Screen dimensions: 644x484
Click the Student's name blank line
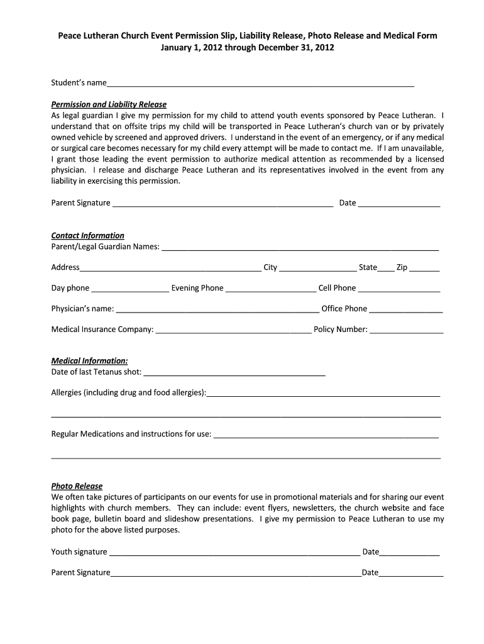pos(260,82)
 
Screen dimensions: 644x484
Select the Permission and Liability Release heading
pos(109,104)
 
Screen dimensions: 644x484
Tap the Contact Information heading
pos(87,235)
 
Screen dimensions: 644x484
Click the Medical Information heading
pos(89,361)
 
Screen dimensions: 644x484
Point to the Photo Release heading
pos(77,486)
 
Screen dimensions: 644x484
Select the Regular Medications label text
pos(131,434)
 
